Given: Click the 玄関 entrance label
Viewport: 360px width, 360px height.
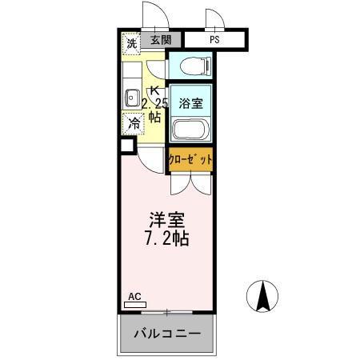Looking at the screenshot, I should [160, 39].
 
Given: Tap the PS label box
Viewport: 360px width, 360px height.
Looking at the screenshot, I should [214, 39].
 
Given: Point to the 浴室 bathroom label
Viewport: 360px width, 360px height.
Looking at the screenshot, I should [190, 102].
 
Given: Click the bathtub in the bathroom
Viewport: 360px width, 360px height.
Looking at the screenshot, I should [190, 129].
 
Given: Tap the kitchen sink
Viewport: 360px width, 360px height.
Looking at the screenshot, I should [130, 98].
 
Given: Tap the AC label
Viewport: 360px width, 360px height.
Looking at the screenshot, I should [134, 297].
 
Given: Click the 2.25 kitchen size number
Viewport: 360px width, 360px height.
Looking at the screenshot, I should [154, 103].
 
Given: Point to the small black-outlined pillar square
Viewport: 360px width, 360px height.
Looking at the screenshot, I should [126, 146].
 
